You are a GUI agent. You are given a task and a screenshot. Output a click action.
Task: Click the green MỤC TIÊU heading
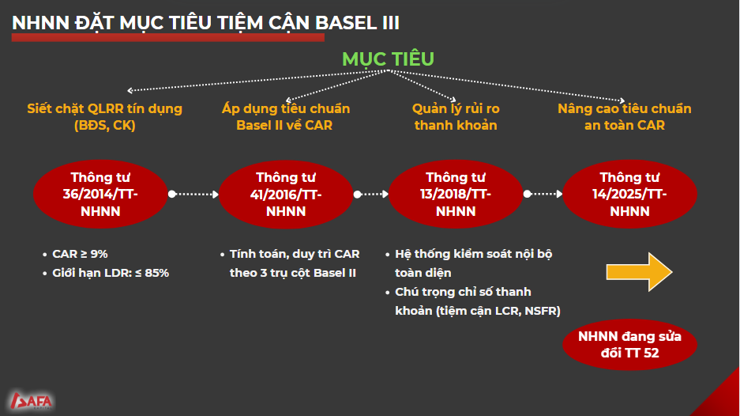point(388,59)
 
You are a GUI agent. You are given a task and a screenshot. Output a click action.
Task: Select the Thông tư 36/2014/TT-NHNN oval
point(100,195)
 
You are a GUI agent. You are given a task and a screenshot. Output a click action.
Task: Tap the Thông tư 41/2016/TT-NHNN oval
point(286,195)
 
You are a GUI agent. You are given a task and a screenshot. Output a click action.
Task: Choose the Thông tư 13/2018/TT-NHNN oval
point(456,195)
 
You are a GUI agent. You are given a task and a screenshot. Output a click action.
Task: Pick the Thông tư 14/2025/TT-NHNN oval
point(629,195)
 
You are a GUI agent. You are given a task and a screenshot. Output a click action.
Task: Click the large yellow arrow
point(640,272)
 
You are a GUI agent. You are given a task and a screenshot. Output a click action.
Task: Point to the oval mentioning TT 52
point(629,345)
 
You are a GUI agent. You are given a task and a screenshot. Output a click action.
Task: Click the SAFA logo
point(31,401)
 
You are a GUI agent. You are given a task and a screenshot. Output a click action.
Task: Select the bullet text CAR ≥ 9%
point(80,254)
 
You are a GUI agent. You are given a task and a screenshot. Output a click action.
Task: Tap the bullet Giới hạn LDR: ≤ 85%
point(111,273)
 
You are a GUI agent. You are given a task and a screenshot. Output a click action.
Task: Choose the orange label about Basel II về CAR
point(286,117)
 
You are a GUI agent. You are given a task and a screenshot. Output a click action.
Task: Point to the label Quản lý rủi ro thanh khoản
point(456,117)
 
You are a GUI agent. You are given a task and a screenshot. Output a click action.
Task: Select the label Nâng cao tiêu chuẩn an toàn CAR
point(625,117)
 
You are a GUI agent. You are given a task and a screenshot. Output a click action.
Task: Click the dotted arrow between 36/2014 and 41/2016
point(193,194)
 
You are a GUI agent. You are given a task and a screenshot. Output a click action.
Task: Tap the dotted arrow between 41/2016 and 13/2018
point(371,194)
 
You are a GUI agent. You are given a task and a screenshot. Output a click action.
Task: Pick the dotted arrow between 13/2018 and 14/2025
point(543,194)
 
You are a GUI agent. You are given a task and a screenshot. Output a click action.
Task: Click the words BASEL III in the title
point(357,23)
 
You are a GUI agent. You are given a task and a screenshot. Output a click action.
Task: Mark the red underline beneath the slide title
point(168,37)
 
